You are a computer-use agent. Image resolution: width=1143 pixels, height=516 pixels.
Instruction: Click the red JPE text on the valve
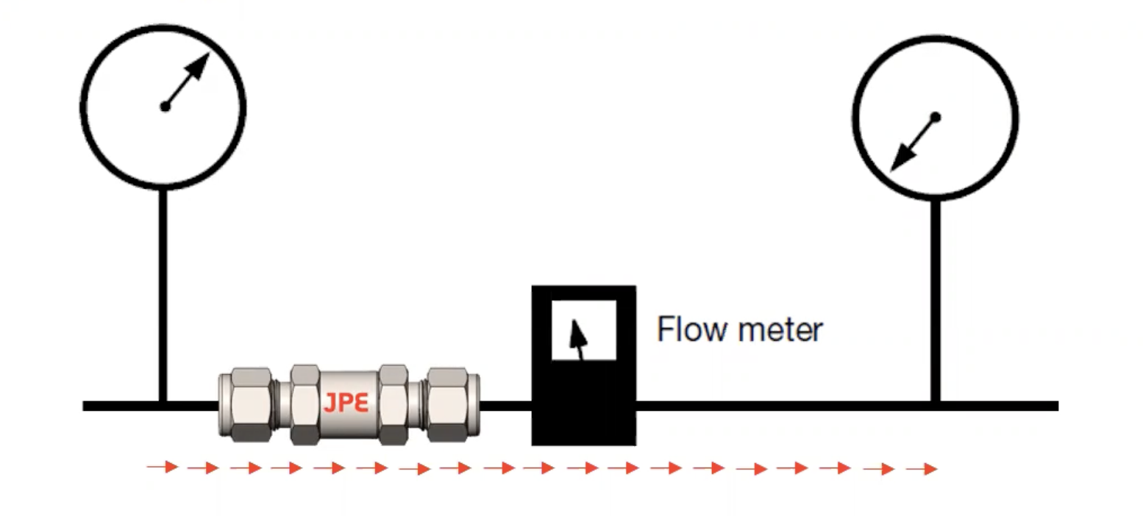coord(345,403)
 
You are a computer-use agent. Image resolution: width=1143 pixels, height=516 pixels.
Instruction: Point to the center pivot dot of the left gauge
coord(165,107)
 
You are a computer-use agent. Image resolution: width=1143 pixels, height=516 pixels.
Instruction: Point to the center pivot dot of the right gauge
coord(936,116)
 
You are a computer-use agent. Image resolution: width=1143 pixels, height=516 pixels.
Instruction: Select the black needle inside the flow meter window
coord(580,338)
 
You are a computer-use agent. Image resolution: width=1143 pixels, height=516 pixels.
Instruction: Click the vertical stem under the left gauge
coord(163,294)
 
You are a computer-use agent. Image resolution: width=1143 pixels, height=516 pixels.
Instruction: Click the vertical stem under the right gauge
coord(935,301)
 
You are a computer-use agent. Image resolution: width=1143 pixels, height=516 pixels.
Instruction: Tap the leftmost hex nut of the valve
coord(245,405)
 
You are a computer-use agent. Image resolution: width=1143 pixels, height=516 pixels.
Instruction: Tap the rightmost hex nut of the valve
coord(453,405)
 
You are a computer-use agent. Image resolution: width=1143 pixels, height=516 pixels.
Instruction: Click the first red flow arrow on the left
coord(163,467)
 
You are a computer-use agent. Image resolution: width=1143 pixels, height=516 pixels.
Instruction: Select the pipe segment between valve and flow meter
coord(506,406)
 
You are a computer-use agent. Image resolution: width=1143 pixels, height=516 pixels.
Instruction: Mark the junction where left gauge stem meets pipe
coord(163,405)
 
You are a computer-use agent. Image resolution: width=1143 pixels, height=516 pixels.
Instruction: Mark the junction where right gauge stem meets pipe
coord(935,405)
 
